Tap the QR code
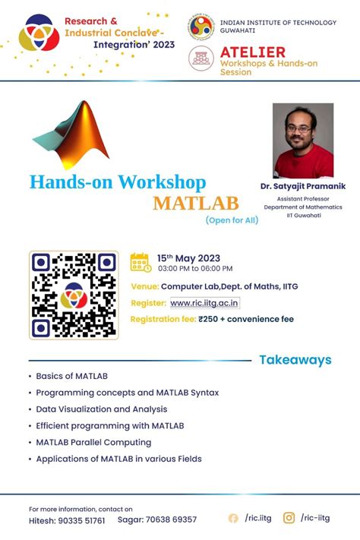pyautogui.click(x=74, y=295)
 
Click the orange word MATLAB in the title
pyautogui.click(x=195, y=204)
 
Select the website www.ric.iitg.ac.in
pyautogui.click(x=204, y=303)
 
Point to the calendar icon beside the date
pyautogui.click(x=141, y=262)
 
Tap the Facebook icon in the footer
pyautogui.click(x=233, y=518)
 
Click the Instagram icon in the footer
pyautogui.click(x=289, y=518)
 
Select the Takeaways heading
pyautogui.click(x=295, y=360)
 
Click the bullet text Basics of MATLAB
pyautogui.click(x=71, y=376)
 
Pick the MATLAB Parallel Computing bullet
pyautogui.click(x=93, y=442)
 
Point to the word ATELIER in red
pyautogui.click(x=252, y=52)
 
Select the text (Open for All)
pyautogui.click(x=232, y=220)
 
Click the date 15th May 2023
pyautogui.click(x=188, y=258)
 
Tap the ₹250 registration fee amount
pyautogui.click(x=209, y=319)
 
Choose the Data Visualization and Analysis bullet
pyautogui.click(x=103, y=409)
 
